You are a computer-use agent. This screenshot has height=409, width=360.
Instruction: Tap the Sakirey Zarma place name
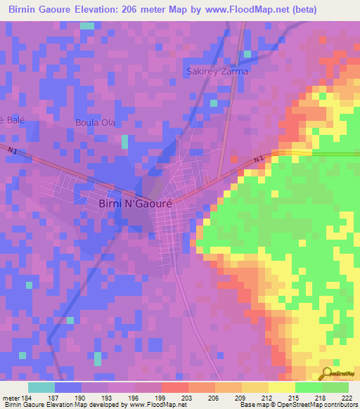pos(217,72)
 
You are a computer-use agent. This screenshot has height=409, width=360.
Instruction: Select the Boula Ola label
pos(96,122)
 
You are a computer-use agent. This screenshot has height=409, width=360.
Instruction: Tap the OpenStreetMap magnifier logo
pos(327,373)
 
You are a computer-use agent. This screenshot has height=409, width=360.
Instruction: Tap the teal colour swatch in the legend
pos(41,387)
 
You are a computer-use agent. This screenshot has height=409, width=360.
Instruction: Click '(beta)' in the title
pos(302,10)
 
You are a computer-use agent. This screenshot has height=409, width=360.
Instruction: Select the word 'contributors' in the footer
pos(339,405)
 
